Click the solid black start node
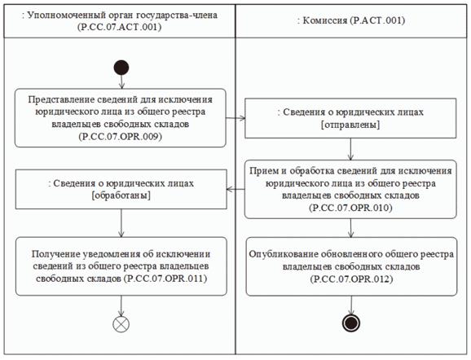coord(121,68)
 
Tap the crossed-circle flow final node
coord(121,324)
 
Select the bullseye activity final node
coord(351,323)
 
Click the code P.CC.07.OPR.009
coord(121,137)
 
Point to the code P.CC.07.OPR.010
coord(350,208)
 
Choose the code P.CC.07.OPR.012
coord(351,279)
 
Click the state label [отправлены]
coord(350,125)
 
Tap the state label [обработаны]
coord(121,195)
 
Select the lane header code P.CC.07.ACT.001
coord(120,27)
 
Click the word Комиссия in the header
coord(324,20)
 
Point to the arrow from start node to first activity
coord(121,82)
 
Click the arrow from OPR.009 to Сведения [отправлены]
coord(236,118)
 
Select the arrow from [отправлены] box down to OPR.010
coord(350,149)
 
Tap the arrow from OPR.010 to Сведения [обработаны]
coord(236,189)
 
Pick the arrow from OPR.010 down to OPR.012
coord(351,228)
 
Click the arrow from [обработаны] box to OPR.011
coord(121,223)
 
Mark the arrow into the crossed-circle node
coord(121,305)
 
